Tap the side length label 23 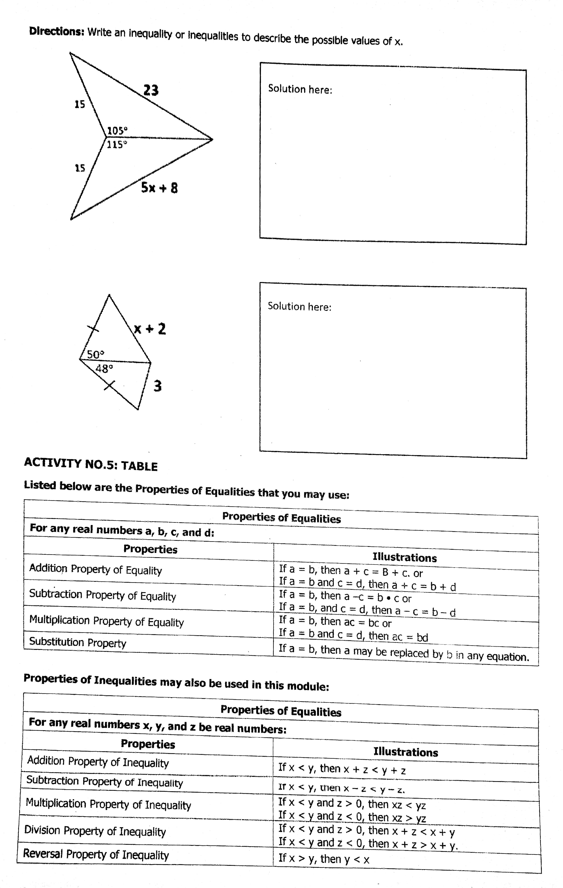click(151, 90)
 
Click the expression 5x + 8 click(159, 188)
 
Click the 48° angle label click(104, 368)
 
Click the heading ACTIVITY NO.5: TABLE click(91, 465)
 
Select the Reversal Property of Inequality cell click(96, 855)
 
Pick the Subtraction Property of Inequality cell click(104, 781)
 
